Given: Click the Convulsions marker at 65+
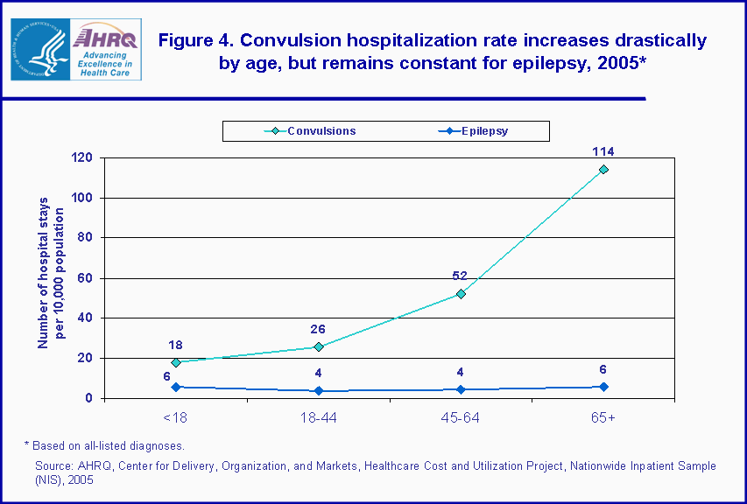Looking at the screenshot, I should coord(603,170).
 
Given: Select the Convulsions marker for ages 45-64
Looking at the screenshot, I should coord(461,294).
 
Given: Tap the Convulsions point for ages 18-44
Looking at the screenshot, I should coord(318,346).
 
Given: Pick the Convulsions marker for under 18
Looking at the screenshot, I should coord(175,362).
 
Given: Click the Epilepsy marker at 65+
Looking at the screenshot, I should coord(603,387).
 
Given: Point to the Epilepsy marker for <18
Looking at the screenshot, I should coord(175,387).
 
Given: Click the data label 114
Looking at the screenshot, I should coord(603,151).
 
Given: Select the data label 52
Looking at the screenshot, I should coord(460,276).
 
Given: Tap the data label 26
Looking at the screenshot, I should coord(318,329).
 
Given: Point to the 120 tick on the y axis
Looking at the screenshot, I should coord(82,158).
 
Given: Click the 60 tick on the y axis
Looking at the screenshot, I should coord(86,278).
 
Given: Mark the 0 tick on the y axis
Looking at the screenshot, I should coord(89,398).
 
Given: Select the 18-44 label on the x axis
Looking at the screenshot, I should coord(318,419).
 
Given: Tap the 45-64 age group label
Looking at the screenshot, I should coord(461,419).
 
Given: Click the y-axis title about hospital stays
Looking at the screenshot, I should coord(51,278).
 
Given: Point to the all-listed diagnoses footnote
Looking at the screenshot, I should coord(104,446).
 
